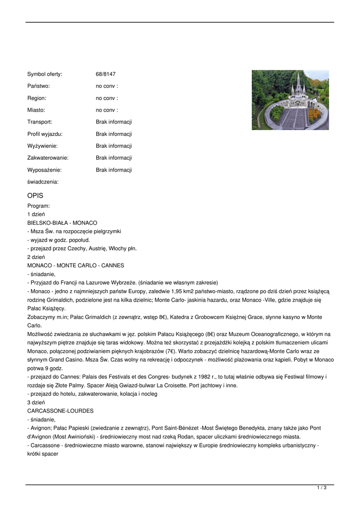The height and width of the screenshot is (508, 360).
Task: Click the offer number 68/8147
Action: pos(105,74)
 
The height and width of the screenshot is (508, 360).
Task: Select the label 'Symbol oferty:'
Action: pos(45,74)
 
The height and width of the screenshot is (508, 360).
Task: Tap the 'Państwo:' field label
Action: pos(38,86)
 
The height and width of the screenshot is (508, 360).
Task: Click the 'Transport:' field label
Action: pos(40,122)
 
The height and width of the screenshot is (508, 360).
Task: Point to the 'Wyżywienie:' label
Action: pos(42,146)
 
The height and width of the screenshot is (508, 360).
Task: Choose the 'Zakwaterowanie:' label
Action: pos(48,158)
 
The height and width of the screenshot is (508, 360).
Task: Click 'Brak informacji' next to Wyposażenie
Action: pos(114,170)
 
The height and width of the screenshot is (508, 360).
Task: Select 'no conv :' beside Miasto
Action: pos(107,110)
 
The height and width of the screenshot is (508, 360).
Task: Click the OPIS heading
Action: pos(35,195)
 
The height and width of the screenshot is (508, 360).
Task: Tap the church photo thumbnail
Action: pos(290,100)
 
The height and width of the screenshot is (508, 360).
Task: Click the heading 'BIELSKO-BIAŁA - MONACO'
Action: pos(62,223)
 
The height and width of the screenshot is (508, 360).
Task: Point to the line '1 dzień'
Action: pos(36,214)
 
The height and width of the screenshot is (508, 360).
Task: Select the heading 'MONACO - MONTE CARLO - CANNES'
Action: pos(75,265)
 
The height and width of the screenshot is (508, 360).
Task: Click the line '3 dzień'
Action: pos(36,402)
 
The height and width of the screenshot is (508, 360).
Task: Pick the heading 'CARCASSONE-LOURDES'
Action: pos(60,411)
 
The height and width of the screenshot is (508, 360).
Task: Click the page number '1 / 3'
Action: pos(322,488)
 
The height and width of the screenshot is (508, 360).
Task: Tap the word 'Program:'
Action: pos(39,205)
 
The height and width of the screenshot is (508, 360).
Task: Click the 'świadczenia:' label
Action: pos(43,182)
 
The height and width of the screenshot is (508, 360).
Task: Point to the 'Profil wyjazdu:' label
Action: pos(45,134)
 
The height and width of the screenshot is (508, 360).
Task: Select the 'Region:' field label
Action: pos(37,98)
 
